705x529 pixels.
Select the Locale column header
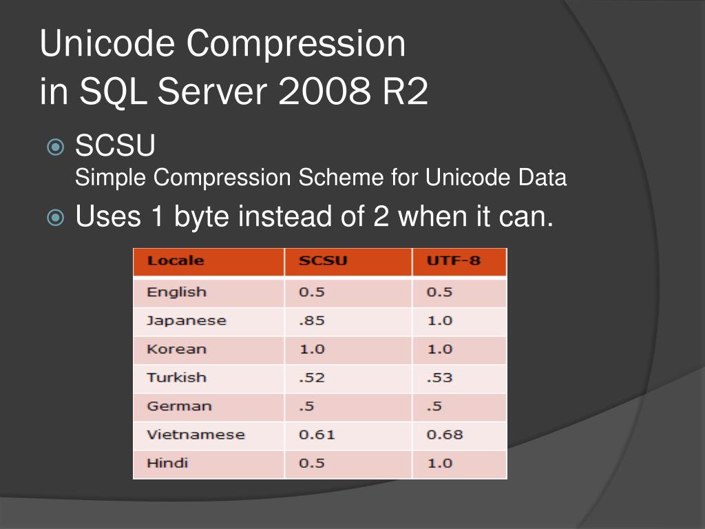pyautogui.click(x=176, y=261)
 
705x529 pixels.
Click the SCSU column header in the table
pyautogui.click(x=323, y=261)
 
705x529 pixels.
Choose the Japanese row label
pyautogui.click(x=186, y=320)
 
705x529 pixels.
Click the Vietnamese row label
pyautogui.click(x=196, y=435)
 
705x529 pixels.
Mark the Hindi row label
pyautogui.click(x=167, y=463)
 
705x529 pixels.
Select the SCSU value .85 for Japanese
pyautogui.click(x=311, y=320)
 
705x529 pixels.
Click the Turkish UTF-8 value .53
pyautogui.click(x=439, y=377)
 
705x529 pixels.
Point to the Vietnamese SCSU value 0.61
pyautogui.click(x=317, y=435)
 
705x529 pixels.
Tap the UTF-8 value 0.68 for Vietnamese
pyautogui.click(x=445, y=435)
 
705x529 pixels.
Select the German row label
pyautogui.click(x=178, y=406)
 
